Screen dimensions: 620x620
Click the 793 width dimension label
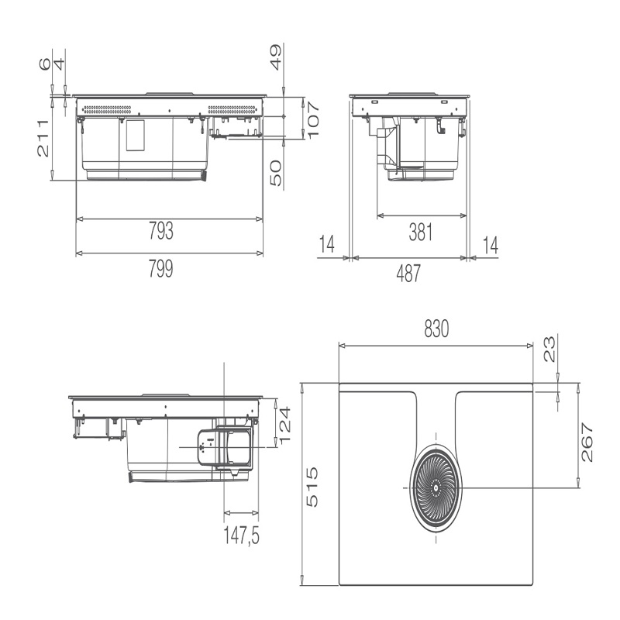[161, 231]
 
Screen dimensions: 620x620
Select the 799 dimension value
[161, 269]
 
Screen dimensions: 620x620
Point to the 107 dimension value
[312, 120]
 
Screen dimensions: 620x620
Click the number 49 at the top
[276, 57]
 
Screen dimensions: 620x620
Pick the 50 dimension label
[276, 173]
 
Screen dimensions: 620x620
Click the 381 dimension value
[421, 232]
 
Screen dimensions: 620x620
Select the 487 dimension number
[409, 274]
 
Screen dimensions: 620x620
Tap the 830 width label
[436, 329]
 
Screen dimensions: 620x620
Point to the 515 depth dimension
[312, 487]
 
